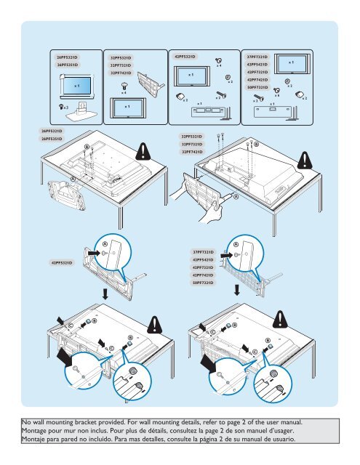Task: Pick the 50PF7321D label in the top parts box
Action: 260,87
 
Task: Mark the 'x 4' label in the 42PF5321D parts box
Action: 220,66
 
